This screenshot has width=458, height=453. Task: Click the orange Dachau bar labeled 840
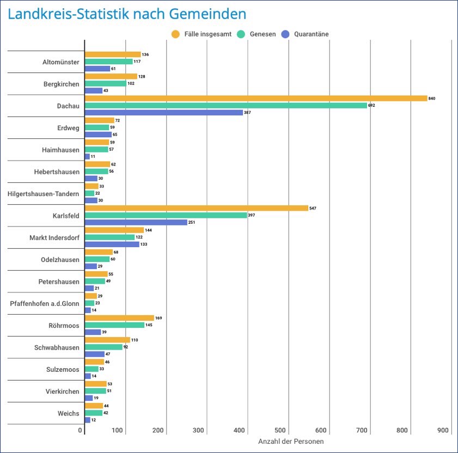coord(256,99)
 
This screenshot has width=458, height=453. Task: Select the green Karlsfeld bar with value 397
coord(154,216)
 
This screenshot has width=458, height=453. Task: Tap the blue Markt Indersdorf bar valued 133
coord(112,244)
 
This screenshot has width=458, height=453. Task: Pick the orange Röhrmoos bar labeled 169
coord(119,318)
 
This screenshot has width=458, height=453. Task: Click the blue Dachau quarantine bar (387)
coord(164,113)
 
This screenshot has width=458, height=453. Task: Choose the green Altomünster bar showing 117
coord(109,62)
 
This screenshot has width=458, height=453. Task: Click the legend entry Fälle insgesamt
coord(201,34)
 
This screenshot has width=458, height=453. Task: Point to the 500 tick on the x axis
coord(280,431)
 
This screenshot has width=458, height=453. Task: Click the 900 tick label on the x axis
coord(443,431)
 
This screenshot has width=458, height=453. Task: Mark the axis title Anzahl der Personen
coord(291,442)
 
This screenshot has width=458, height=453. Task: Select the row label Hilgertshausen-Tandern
coord(44,194)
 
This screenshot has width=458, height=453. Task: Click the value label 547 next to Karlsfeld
coord(313,209)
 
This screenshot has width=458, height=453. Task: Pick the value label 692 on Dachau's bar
coord(372,106)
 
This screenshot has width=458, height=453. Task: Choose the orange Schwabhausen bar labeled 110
coord(107,340)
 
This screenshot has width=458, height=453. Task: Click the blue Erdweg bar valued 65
coord(98,134)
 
